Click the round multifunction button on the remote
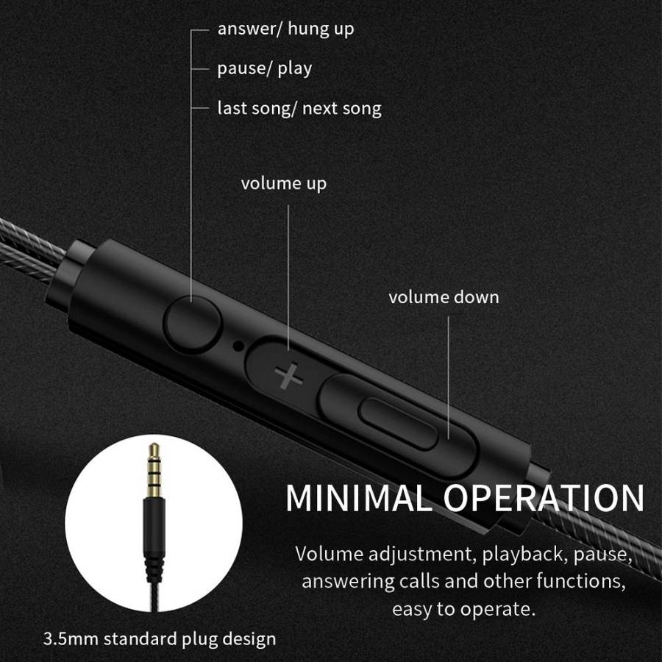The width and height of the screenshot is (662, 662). [x=193, y=324]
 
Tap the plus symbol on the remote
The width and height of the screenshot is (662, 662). [x=289, y=375]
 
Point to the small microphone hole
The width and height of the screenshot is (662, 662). [x=238, y=346]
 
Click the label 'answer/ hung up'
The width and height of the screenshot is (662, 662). [x=285, y=29]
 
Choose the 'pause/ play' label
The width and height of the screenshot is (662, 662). [x=265, y=68]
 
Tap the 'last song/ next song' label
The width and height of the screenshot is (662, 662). [x=299, y=109]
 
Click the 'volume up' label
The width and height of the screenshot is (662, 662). [x=284, y=184]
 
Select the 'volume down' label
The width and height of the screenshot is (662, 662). [x=444, y=297]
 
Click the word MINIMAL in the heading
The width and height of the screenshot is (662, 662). [x=357, y=498]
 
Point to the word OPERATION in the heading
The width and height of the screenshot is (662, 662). [x=544, y=498]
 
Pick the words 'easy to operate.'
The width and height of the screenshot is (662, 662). [x=463, y=609]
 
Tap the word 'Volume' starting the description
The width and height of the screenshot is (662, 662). [x=330, y=553]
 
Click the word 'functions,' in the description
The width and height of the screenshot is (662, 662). [x=581, y=581]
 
